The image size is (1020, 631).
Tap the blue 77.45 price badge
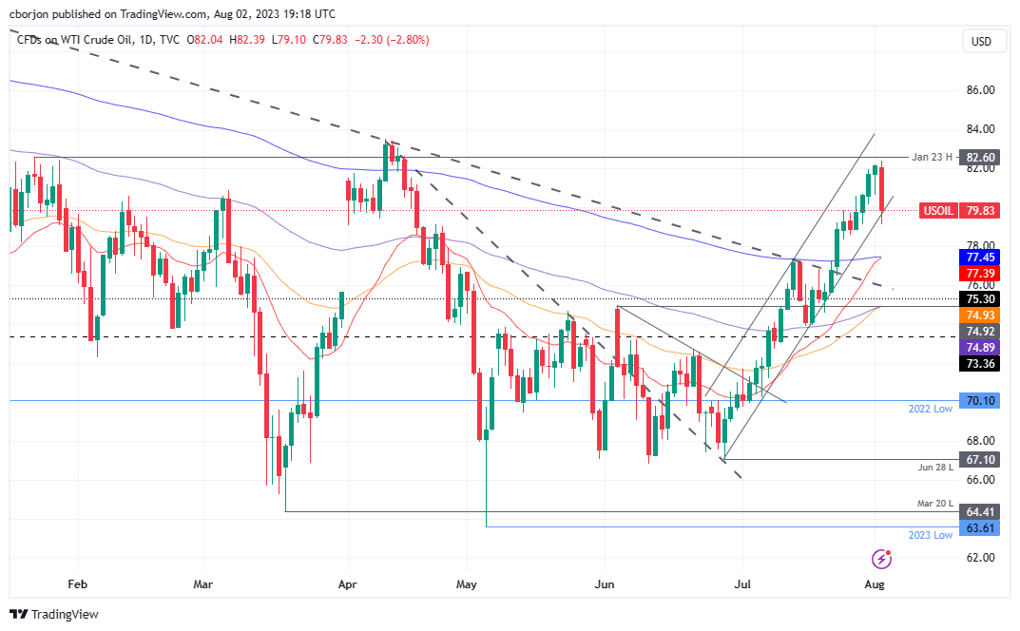(979, 257)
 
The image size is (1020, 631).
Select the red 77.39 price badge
(979, 273)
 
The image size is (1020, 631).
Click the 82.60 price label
(979, 157)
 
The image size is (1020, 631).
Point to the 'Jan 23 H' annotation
(933, 157)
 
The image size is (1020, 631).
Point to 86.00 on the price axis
(979, 90)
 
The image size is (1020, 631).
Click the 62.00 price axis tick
(979, 557)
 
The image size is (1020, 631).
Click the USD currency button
(980, 41)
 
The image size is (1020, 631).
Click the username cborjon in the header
(30, 14)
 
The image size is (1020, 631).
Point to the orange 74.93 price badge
(979, 315)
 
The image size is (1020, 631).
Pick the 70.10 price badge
(979, 401)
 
